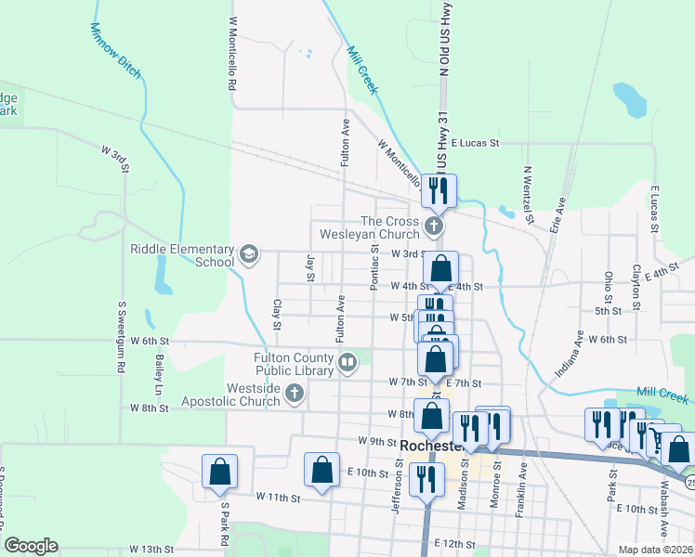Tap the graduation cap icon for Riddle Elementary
tap(248, 253)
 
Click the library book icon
tap(347, 360)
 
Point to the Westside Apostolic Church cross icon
tap(295, 395)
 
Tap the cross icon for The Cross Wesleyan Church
tap(433, 227)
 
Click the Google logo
tap(31, 546)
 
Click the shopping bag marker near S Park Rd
tap(219, 472)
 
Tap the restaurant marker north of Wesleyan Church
tap(439, 190)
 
